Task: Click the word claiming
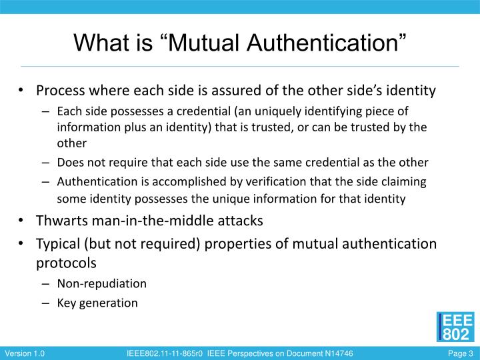(403, 181)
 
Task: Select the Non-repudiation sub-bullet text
(101, 283)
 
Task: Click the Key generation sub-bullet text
(97, 303)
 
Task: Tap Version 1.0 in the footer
(25, 353)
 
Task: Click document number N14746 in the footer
(335, 353)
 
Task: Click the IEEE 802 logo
(456, 326)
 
